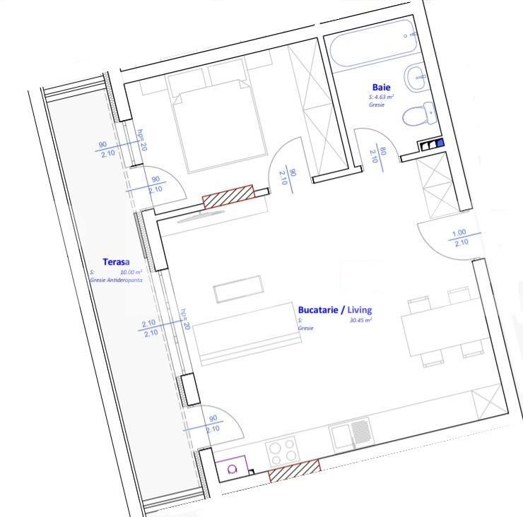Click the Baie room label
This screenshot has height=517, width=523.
click(x=381, y=88)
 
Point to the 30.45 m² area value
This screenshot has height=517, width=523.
click(x=360, y=320)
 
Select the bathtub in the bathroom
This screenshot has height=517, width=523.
click(x=371, y=44)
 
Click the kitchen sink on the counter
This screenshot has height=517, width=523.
click(x=351, y=433)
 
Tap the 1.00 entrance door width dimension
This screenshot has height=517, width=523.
click(x=459, y=233)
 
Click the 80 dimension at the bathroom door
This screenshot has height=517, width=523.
click(x=382, y=151)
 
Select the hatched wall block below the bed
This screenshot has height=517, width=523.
click(x=228, y=196)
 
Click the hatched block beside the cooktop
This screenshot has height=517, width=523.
click(x=294, y=470)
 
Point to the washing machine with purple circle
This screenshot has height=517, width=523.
click(x=231, y=469)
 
